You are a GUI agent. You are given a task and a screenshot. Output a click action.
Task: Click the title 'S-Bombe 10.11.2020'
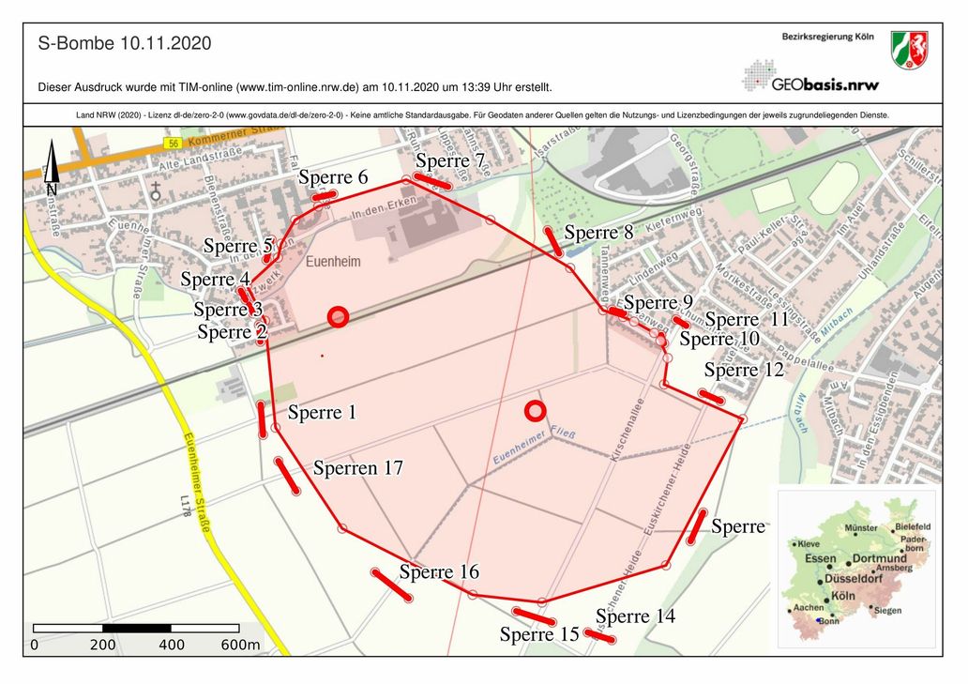click(125, 44)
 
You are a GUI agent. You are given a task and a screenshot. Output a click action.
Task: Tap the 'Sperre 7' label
click(450, 160)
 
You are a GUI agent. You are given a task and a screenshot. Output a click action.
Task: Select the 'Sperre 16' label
click(439, 571)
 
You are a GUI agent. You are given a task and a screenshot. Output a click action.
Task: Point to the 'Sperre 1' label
click(322, 412)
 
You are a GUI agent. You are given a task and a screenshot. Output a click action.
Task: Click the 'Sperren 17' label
click(358, 467)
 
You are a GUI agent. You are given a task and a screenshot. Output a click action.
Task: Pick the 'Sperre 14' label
click(635, 616)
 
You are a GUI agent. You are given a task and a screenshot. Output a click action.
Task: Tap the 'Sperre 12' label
click(744, 370)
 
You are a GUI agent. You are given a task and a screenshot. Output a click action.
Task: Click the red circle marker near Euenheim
click(339, 317)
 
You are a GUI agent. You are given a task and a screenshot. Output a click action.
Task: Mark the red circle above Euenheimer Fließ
click(535, 410)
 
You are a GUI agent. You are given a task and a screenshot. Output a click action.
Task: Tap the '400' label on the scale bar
click(172, 646)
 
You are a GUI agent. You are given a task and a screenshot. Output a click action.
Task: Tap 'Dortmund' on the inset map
click(881, 559)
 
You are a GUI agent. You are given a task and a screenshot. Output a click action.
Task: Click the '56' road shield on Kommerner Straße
click(172, 144)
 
